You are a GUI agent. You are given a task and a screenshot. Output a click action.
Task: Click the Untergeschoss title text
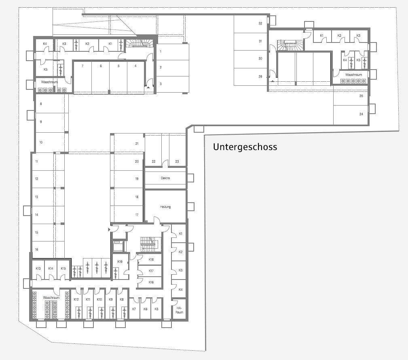click(x=245, y=147)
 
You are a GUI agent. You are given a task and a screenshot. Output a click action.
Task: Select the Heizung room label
click(x=165, y=207)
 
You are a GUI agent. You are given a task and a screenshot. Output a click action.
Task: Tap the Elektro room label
click(x=165, y=178)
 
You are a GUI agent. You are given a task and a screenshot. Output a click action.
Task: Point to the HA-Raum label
click(x=180, y=310)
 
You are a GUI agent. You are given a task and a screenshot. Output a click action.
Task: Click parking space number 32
click(x=260, y=23)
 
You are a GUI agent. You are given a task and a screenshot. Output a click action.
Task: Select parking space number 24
click(x=361, y=114)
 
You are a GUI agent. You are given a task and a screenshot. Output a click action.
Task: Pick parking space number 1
click(x=161, y=51)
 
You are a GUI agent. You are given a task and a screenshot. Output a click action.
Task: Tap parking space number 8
click(x=41, y=104)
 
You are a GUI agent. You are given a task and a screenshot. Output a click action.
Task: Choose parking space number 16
click(x=36, y=250)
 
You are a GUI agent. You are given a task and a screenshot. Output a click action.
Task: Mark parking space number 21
click(x=137, y=144)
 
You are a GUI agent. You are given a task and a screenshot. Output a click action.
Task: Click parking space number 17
click(x=137, y=215)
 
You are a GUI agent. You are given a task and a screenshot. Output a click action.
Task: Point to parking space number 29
click(x=260, y=76)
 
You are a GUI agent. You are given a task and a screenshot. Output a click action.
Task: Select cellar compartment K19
click(x=120, y=262)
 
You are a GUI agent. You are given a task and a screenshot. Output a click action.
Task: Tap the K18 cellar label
click(x=151, y=259)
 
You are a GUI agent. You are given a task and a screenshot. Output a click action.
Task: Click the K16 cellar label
click(x=151, y=282)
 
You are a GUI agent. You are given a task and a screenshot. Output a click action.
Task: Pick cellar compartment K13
click(x=38, y=268)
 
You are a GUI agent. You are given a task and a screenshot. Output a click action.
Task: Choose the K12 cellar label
click(x=76, y=299)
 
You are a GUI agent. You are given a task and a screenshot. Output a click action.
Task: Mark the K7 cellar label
click(x=134, y=309)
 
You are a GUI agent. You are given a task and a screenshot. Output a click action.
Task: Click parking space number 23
click(x=177, y=161)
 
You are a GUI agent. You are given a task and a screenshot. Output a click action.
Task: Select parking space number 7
click(x=82, y=66)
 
